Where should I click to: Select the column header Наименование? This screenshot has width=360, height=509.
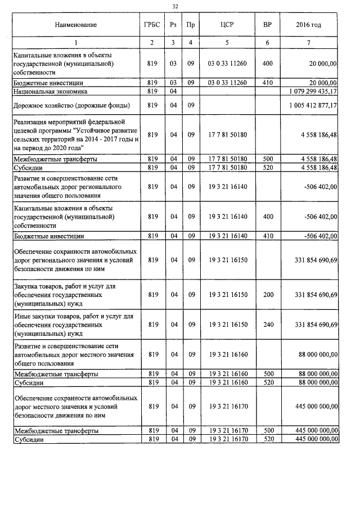click(76, 25)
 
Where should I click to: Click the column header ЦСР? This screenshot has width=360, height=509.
click(227, 25)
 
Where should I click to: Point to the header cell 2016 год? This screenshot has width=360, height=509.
click(308, 25)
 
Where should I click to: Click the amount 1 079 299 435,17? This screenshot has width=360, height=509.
click(312, 91)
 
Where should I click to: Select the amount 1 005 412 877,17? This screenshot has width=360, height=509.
click(312, 105)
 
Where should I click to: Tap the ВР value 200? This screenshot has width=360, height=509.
click(267, 295)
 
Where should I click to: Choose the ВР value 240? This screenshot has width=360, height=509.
click(267, 325)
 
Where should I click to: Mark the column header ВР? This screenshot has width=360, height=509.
click(267, 25)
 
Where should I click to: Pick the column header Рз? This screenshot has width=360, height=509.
click(173, 25)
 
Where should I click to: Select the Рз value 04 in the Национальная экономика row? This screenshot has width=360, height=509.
click(173, 91)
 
